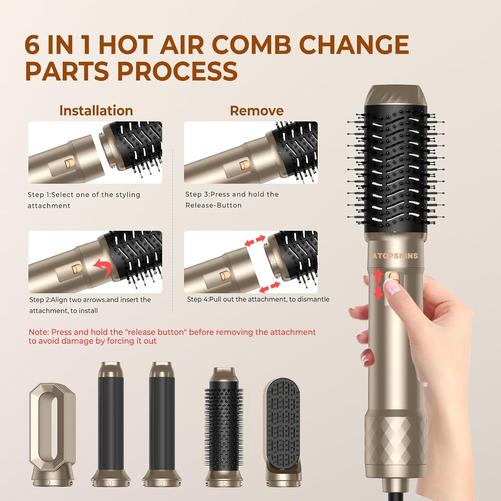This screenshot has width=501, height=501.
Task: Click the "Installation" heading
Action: pos(96,111)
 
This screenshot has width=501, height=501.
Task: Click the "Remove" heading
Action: pos(257,111)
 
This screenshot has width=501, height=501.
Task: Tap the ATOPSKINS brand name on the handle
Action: pos(395,256)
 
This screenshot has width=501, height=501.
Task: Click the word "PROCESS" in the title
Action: pos(177,71)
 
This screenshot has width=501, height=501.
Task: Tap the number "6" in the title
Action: pos(32,45)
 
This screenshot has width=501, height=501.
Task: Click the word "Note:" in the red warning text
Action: pos(39,332)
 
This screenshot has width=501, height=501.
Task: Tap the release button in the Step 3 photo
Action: pos(244,165)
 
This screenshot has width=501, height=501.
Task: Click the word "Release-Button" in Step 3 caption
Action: pos(214,205)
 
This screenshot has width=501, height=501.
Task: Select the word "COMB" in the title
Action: pos(251,45)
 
